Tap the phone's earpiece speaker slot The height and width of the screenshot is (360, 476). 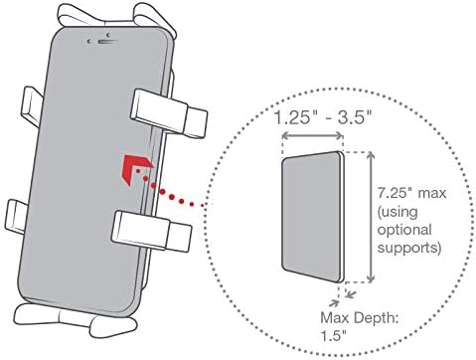[107, 42]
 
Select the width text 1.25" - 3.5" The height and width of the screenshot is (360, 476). [323, 117]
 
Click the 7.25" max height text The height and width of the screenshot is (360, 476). [411, 193]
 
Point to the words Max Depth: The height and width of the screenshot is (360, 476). [360, 318]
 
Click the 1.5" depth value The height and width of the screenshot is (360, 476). [333, 336]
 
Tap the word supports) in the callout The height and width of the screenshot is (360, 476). [409, 248]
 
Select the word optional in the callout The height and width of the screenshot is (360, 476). [404, 230]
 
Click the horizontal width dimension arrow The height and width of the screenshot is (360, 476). [312, 135]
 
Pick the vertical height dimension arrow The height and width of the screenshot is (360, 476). [371, 217]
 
